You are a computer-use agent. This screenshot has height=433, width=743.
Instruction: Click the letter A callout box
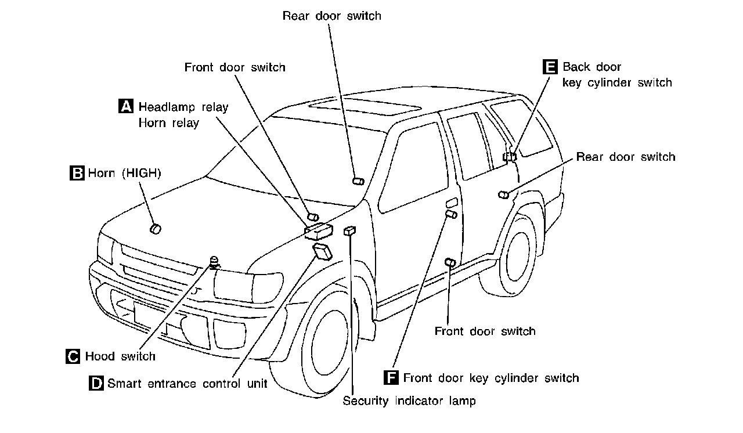pyautogui.click(x=126, y=106)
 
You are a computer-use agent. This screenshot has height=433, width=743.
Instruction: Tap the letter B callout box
pyautogui.click(x=77, y=173)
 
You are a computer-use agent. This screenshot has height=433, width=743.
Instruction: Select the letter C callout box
pyautogui.click(x=73, y=356)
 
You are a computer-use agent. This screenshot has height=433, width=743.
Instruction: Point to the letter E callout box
pyautogui.click(x=550, y=67)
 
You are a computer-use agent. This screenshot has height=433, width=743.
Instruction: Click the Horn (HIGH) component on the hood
pyautogui.click(x=155, y=229)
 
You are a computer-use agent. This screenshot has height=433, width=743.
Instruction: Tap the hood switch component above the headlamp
pyautogui.click(x=216, y=262)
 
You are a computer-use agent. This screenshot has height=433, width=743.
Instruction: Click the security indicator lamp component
pyautogui.click(x=349, y=231)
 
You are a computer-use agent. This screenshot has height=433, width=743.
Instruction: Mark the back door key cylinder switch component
pyautogui.click(x=510, y=156)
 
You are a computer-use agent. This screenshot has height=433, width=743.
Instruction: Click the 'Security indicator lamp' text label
pyautogui.click(x=409, y=400)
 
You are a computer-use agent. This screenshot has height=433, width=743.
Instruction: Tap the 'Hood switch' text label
pyautogui.click(x=120, y=356)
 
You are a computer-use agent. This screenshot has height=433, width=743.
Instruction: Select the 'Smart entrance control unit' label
pyautogui.click(x=187, y=384)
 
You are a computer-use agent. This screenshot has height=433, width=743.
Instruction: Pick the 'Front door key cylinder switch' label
pyautogui.click(x=491, y=378)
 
